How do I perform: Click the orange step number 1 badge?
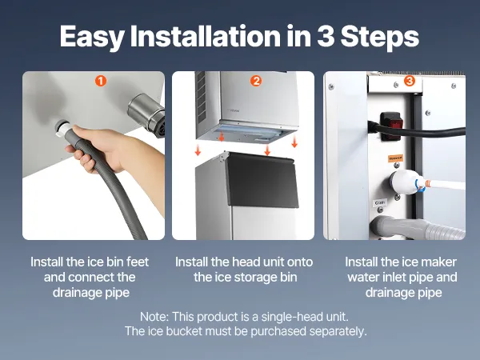coord(101,81)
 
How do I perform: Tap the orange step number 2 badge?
coord(256,81)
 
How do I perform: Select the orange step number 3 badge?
coord(410,81)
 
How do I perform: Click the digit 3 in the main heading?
coord(326,36)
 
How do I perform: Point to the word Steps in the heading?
coord(379,38)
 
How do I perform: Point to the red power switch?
coord(390,126)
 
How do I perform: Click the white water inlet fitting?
coord(404,182)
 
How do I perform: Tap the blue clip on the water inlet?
coord(419,186)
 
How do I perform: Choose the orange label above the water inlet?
coord(395,158)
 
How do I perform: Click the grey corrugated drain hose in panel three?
coord(418,228)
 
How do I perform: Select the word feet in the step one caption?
coord(138,262)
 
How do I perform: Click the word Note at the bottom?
coord(154,317)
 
